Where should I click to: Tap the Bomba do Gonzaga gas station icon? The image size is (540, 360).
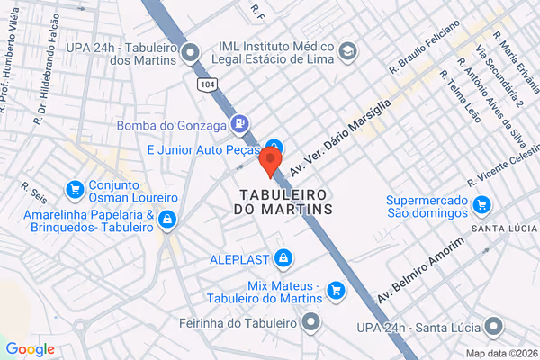tap(238, 123)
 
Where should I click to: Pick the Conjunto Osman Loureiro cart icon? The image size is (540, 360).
tap(75, 191)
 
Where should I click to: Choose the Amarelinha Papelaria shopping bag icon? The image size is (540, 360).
tap(166, 219)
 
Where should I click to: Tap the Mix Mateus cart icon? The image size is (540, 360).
tap(337, 289)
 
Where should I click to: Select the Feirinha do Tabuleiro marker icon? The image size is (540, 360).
tap(311, 321)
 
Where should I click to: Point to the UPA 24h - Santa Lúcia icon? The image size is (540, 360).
tap(493, 326)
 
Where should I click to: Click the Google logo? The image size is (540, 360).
tap(30, 349)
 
